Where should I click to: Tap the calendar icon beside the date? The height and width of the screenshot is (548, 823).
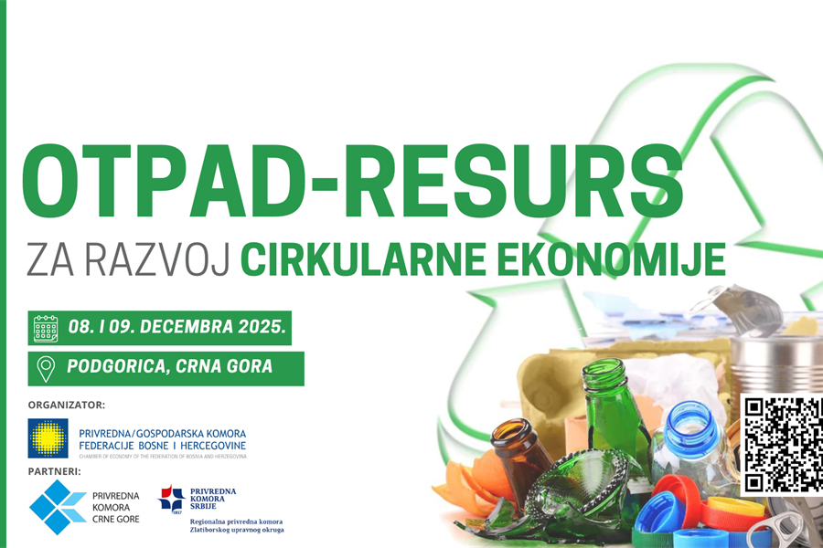coord(46,328)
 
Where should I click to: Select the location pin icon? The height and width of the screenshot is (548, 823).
coord(45,368)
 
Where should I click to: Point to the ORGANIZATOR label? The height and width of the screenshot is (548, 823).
coord(67,404)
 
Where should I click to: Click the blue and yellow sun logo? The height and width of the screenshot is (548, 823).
coord(48,438)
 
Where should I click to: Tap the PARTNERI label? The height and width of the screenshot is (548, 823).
coord(55,471)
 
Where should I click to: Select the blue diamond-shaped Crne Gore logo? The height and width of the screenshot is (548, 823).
coord(57,507)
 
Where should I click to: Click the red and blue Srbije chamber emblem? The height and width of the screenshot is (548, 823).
coord(171,498)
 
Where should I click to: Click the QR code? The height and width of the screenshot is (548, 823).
coord(780,446)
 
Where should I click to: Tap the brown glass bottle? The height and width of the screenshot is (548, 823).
coord(521,457)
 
